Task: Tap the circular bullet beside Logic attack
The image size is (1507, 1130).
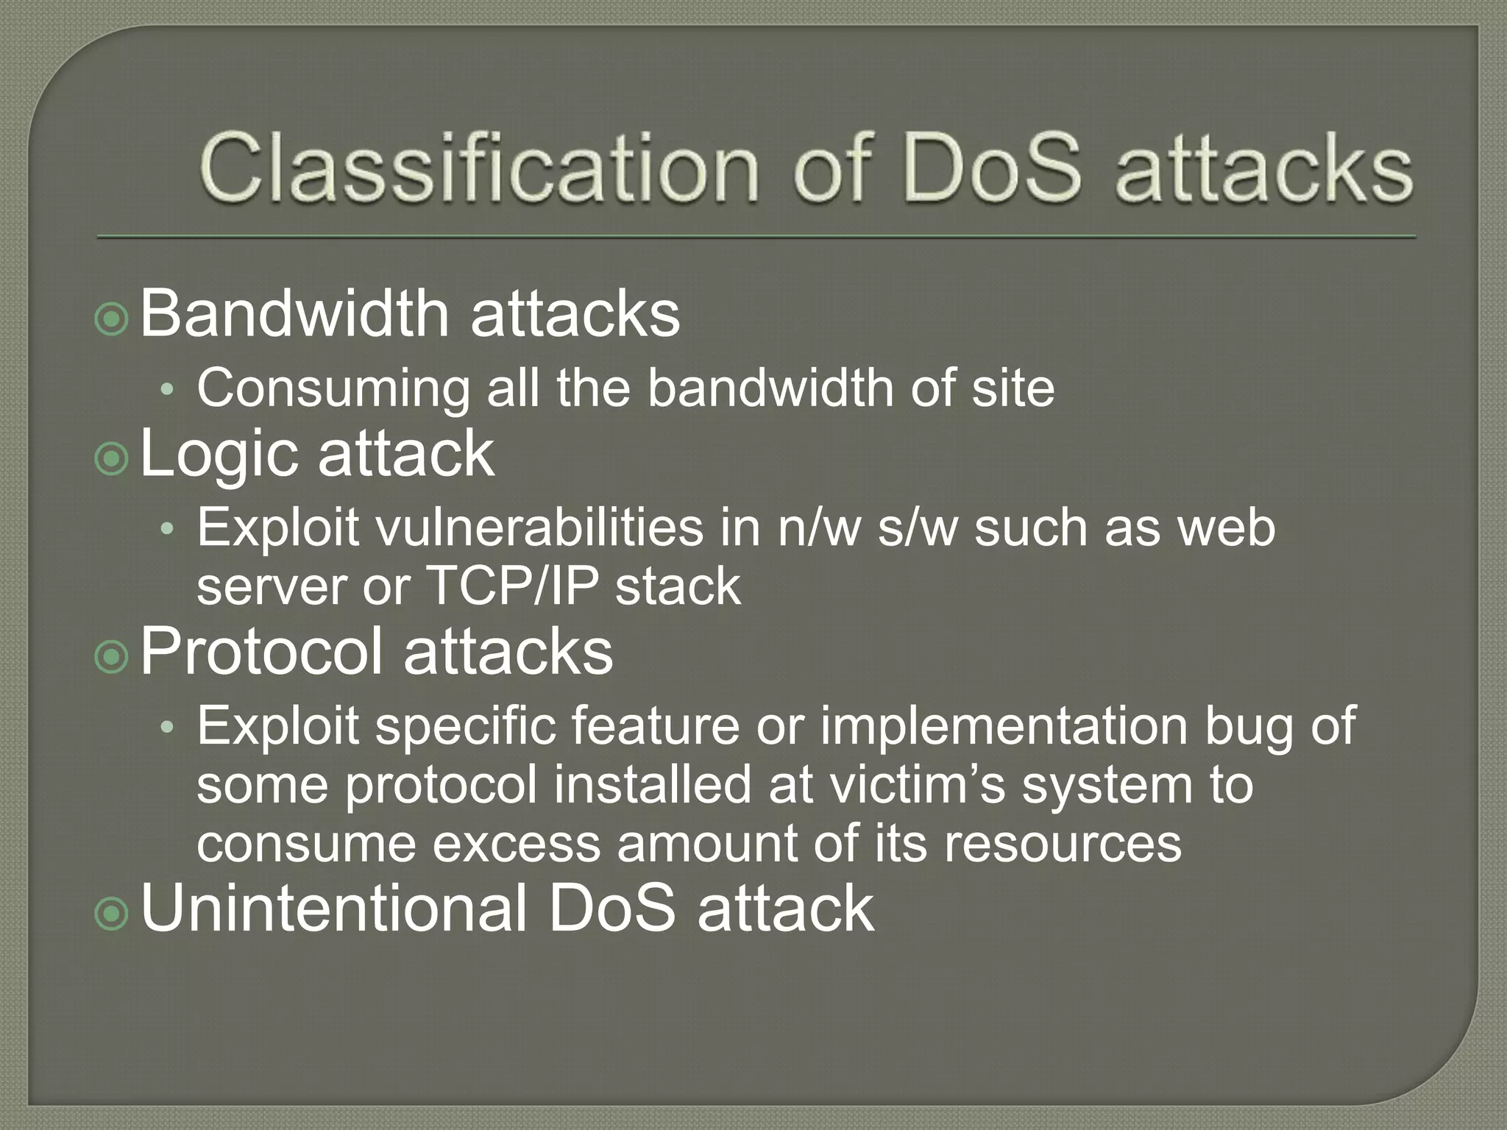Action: (112, 459)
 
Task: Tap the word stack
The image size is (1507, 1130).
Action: (678, 586)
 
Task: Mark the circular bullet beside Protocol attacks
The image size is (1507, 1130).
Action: (112, 657)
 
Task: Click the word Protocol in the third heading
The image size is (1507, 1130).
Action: (262, 651)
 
